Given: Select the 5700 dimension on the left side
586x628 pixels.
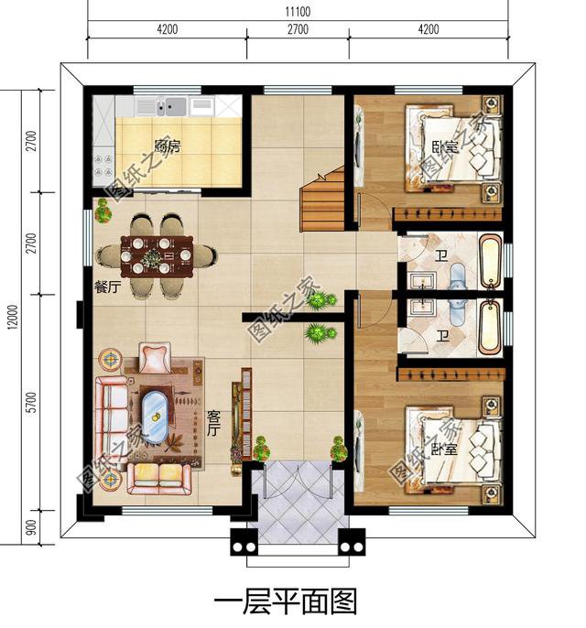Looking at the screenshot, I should [x=31, y=401].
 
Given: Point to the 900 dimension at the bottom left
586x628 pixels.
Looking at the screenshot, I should [x=31, y=526].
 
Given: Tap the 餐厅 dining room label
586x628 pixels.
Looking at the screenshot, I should [x=108, y=285].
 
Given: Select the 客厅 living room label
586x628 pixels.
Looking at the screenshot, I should [x=214, y=423].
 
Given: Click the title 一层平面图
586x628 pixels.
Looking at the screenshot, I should [x=285, y=601].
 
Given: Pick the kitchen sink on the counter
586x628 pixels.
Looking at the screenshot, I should [x=169, y=106].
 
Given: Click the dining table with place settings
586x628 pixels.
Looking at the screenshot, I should [x=160, y=255].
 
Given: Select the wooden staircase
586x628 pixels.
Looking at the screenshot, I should [x=322, y=200].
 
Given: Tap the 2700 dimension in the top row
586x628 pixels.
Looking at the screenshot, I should [x=298, y=29].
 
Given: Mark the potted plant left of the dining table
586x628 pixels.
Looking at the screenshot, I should [x=103, y=213].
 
